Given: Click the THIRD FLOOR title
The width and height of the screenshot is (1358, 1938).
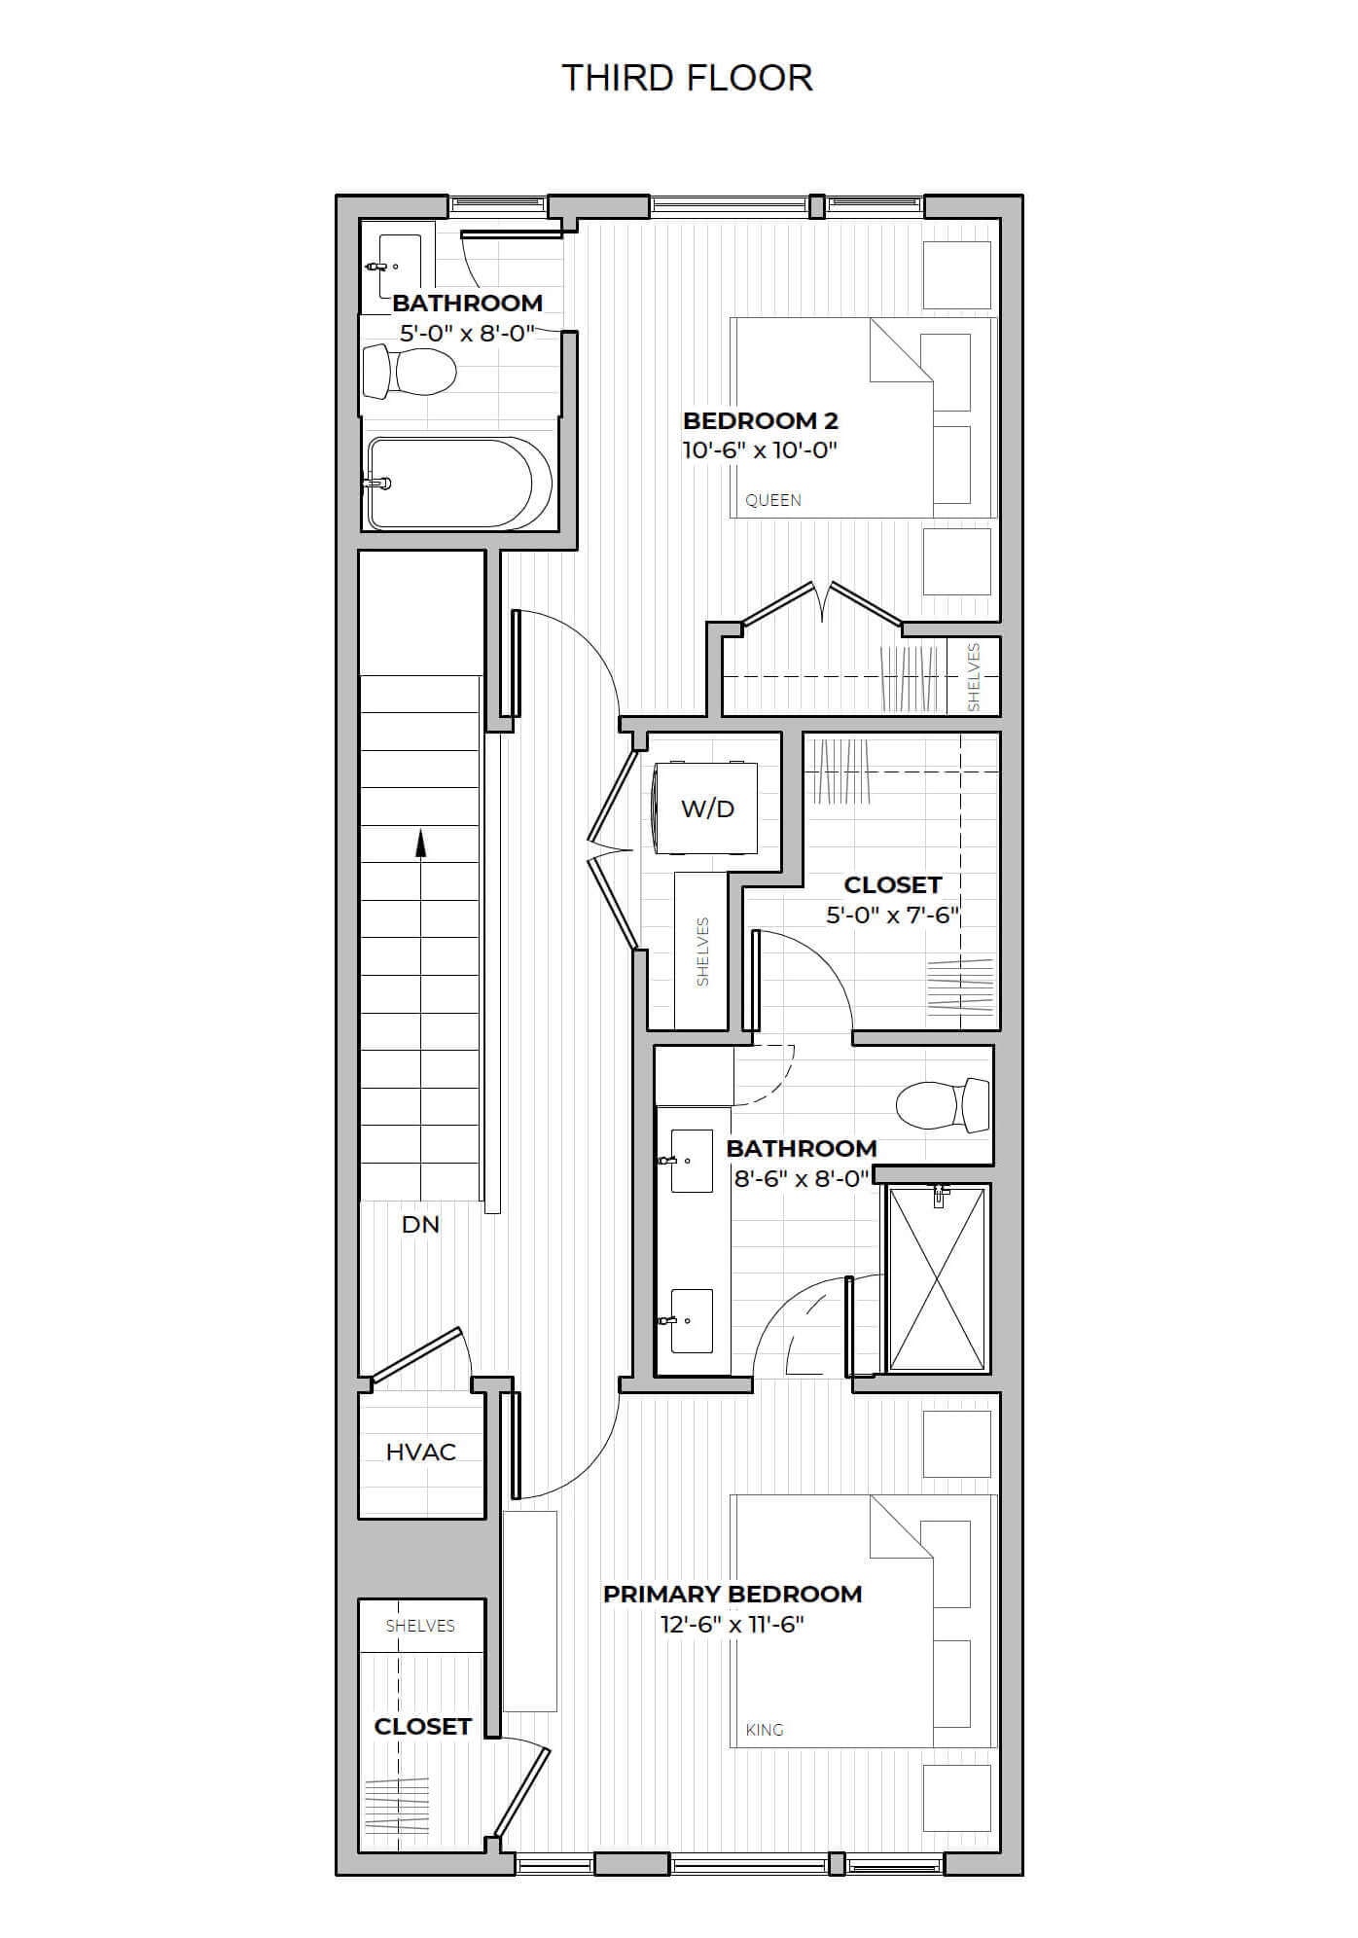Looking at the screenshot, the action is [687, 78].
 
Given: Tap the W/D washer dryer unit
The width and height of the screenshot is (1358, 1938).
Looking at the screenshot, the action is [707, 807].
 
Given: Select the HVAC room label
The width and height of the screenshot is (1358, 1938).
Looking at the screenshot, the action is [420, 1452].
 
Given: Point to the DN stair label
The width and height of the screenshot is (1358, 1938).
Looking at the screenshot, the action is [420, 1224].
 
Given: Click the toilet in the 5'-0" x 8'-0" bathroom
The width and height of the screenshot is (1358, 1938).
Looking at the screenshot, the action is [410, 372].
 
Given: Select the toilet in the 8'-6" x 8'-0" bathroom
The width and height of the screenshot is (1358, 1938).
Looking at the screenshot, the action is [942, 1105].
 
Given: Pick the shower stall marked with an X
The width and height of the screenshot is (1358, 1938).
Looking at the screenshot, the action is [937, 1277].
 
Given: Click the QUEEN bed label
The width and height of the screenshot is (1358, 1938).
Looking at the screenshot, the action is [773, 500].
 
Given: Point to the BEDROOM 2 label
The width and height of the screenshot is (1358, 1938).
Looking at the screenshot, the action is [761, 420].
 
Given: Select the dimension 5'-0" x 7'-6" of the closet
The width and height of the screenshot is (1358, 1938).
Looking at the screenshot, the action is [893, 915].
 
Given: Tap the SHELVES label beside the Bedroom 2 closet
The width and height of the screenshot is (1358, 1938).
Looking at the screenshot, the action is [974, 677].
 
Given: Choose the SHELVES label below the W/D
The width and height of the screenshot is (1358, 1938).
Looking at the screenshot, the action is [702, 951].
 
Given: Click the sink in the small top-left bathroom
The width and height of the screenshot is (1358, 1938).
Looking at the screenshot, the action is [399, 267].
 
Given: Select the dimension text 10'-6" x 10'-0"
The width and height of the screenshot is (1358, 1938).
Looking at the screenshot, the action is [761, 450].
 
